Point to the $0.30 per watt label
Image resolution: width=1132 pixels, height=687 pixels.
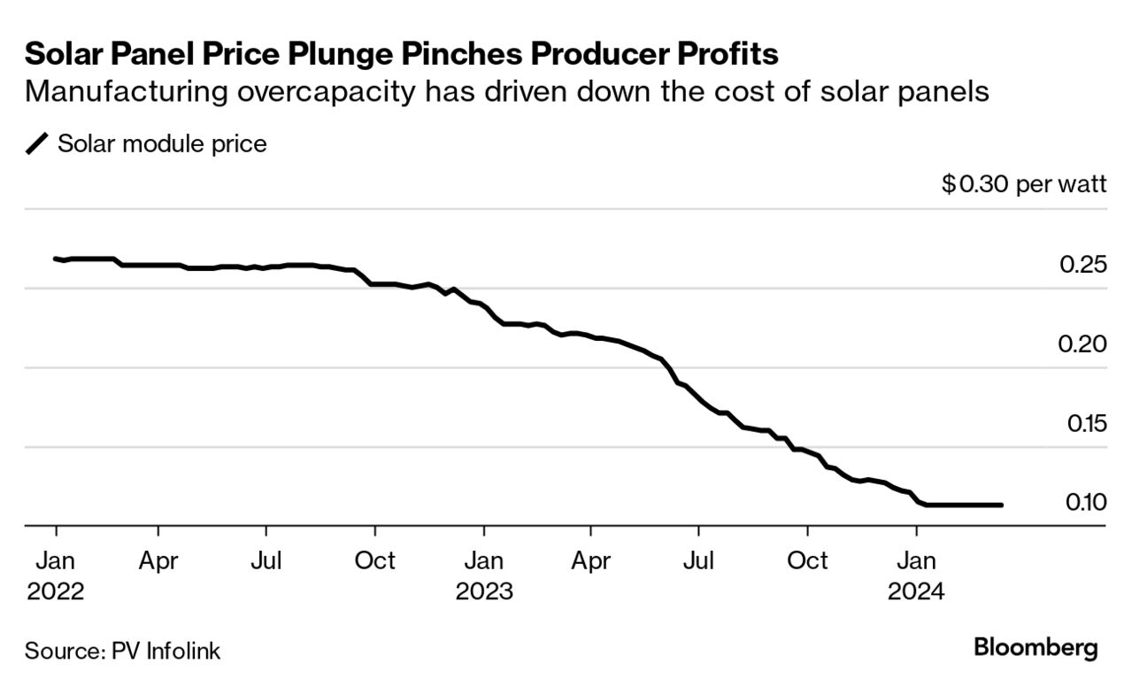(x=1024, y=185)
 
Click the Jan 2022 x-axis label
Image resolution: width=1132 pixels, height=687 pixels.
(x=55, y=575)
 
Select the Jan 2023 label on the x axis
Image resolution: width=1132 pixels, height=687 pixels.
(x=484, y=575)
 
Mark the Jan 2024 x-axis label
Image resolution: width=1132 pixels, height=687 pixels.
(x=916, y=575)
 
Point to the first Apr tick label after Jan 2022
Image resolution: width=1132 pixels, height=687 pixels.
(x=158, y=561)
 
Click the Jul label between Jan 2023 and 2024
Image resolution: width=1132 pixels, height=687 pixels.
(x=699, y=561)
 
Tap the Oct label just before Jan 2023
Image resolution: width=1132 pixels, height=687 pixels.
(x=374, y=561)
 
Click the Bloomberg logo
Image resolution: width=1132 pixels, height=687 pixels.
(x=1036, y=647)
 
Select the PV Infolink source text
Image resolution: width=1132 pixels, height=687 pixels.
(x=166, y=652)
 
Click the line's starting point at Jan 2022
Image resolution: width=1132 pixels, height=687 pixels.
(x=56, y=259)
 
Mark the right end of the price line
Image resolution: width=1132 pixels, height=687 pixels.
(x=1001, y=505)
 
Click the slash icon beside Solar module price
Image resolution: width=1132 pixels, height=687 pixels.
(x=37, y=144)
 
